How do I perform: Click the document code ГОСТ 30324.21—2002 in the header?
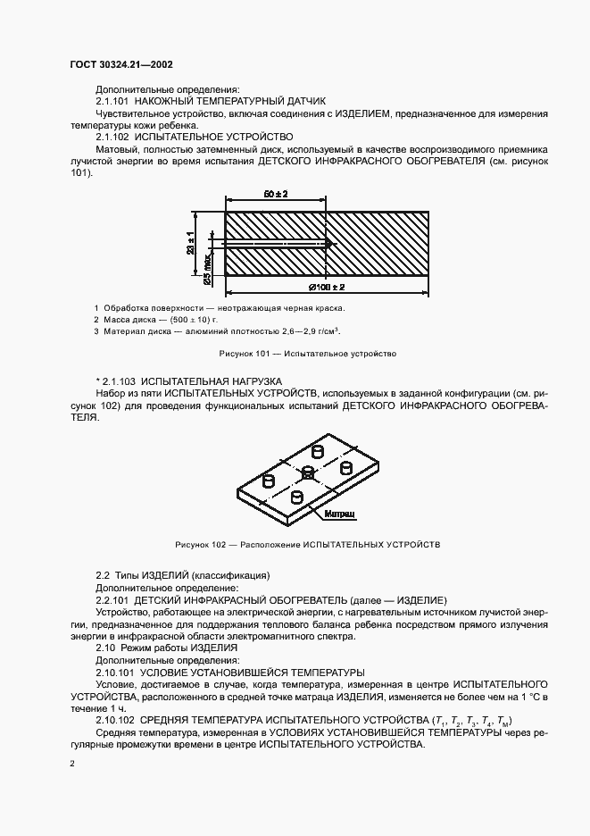coord(121,65)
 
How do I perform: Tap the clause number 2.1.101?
coord(114,101)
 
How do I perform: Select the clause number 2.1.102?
coord(114,138)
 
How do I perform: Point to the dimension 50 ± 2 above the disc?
coord(278,194)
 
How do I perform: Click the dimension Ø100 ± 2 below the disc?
coord(328,288)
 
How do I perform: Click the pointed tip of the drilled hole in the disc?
coord(330,244)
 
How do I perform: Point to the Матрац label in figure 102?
coord(340,515)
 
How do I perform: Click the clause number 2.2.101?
coord(112,600)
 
